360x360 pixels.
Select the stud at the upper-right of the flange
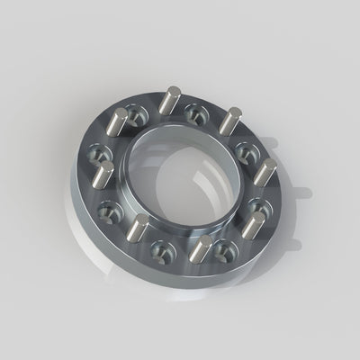(231, 121)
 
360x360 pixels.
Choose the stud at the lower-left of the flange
(140, 229)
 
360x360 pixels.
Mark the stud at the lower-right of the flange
(256, 226)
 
